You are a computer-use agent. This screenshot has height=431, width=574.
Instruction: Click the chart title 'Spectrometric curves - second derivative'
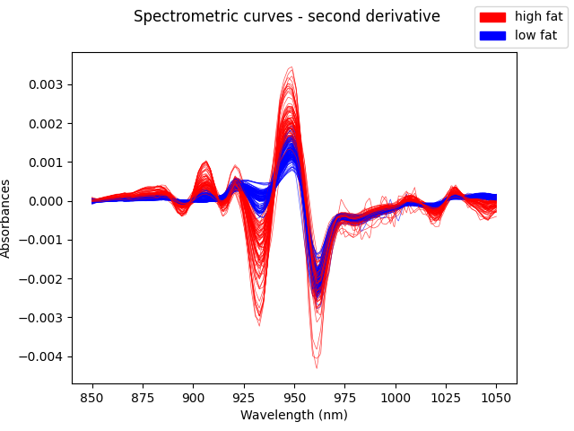(x=286, y=16)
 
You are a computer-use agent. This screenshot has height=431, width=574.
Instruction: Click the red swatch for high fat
(x=492, y=17)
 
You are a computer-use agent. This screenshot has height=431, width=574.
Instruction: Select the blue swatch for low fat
(x=492, y=35)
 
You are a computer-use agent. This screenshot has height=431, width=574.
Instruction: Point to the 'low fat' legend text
(x=535, y=35)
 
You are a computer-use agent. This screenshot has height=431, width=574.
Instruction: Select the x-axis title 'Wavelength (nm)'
(x=293, y=415)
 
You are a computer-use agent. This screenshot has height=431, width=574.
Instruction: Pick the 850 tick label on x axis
(x=92, y=397)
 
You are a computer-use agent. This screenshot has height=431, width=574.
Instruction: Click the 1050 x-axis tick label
(x=496, y=397)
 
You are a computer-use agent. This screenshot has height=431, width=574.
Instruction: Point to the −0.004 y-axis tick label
(x=44, y=356)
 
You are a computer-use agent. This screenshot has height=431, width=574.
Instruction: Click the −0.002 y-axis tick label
(x=44, y=279)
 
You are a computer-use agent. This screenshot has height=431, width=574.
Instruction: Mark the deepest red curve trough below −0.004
(x=317, y=367)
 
